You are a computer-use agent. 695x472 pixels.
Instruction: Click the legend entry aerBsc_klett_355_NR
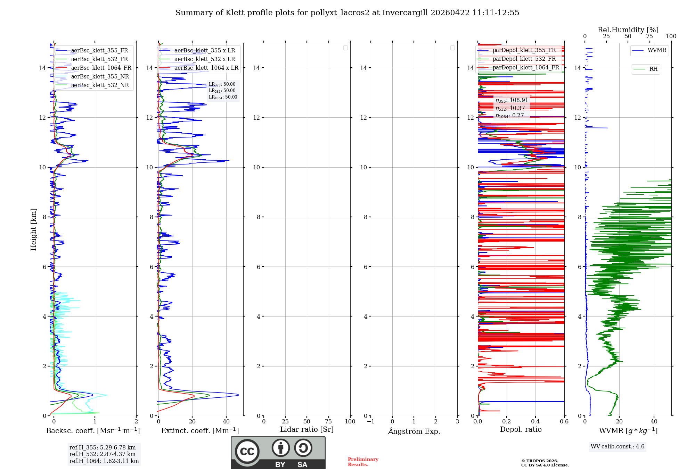100,77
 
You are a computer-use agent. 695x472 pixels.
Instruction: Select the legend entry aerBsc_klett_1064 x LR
206,68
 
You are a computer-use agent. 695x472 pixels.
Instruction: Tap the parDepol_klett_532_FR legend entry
524,59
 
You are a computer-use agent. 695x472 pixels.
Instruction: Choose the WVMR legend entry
656,50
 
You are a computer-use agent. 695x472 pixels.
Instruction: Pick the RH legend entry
653,69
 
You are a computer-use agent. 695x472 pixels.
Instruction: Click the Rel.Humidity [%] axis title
628,30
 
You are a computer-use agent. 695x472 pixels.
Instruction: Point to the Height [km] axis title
33,229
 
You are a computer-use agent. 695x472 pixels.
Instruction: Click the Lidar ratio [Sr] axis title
307,430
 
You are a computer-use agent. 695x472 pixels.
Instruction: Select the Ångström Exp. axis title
414,431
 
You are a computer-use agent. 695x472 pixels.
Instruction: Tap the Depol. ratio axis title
521,430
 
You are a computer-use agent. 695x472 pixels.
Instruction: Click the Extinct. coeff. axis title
200,431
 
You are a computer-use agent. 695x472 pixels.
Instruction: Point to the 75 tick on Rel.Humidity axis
649,36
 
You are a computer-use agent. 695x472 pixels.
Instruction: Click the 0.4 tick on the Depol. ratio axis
535,422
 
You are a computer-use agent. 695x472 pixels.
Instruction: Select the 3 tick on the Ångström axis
457,422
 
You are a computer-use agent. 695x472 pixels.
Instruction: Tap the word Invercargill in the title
405,13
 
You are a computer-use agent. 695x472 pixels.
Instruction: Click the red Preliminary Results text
363,462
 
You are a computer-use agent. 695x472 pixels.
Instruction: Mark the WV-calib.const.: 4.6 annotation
617,447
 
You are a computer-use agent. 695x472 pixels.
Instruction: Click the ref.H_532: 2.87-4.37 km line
102,454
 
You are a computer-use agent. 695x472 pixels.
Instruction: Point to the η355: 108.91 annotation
512,100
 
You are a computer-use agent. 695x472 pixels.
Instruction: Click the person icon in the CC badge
280,448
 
